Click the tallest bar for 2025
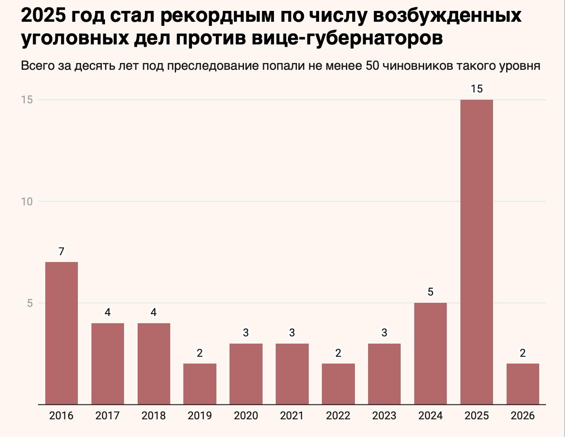[x=476, y=252]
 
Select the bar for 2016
[x=61, y=333]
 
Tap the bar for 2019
[x=200, y=384]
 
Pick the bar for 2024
[x=431, y=354]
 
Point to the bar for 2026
[x=523, y=384]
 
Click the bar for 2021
[x=292, y=374]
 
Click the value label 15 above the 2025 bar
[x=477, y=89]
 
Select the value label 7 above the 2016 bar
[x=61, y=252]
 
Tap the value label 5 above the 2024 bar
[x=431, y=292]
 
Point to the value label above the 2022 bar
[x=338, y=353]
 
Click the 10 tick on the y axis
[x=27, y=202]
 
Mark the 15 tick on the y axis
[x=27, y=100]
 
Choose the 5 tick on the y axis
[x=30, y=303]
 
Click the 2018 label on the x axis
[x=153, y=416]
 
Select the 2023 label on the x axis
[x=384, y=416]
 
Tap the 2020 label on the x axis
[x=246, y=416]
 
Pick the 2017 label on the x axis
[x=107, y=416]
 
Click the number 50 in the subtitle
[x=372, y=66]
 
